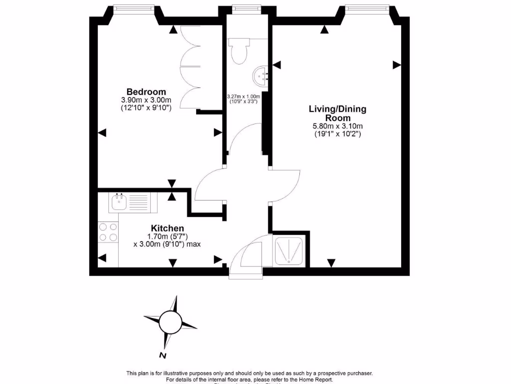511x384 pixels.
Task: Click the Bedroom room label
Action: tap(146, 92)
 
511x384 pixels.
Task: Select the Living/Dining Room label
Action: tap(337, 113)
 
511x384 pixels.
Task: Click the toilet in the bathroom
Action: tap(238, 51)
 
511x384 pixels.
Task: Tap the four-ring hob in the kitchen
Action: tap(108, 232)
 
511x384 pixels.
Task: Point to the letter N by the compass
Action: tap(163, 355)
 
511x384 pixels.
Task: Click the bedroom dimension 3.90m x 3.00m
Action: tap(146, 100)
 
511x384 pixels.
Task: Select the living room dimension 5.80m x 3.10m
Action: tap(337, 126)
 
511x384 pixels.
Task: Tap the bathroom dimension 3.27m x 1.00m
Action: tap(244, 96)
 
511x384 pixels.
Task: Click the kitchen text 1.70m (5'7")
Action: tap(167, 236)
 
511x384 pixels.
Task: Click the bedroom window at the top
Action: tap(132, 8)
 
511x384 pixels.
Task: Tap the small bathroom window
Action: tap(244, 8)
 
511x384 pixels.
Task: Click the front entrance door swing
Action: tap(250, 256)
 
